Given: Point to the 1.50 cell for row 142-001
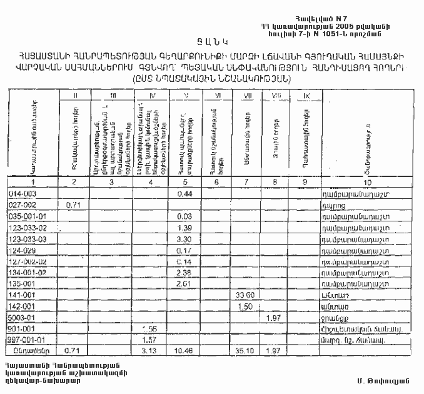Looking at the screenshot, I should pyautogui.click(x=245, y=307).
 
